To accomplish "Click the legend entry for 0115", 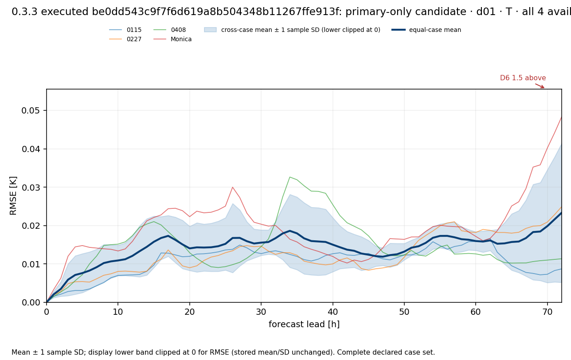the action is click(125, 30).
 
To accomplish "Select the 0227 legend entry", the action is click(125, 39).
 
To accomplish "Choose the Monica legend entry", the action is click(172, 39).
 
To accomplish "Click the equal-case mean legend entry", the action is click(426, 30).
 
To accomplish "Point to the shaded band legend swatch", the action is click(210, 30).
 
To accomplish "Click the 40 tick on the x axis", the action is click(332, 312).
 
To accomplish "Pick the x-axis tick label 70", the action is click(548, 312).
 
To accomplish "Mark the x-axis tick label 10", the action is click(118, 312).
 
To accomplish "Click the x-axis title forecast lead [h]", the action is click(304, 324).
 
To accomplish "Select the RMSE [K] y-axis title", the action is click(13, 196).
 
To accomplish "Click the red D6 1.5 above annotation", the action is click(523, 78).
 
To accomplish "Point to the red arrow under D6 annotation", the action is click(540, 86).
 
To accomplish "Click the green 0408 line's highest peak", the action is click(290, 177).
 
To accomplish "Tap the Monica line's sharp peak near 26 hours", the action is click(232, 187).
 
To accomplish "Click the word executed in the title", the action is click(65, 12).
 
